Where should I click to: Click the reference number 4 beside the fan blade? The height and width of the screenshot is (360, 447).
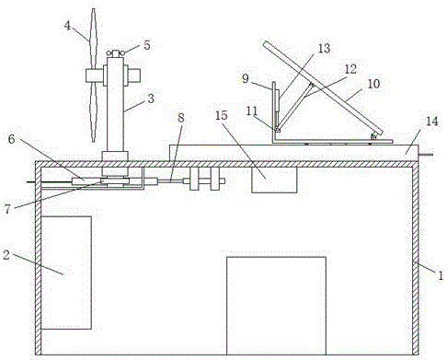point(67,26)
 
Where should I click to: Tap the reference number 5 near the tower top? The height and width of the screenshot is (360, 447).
point(147,45)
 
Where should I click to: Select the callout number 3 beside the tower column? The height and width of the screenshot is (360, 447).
point(151,99)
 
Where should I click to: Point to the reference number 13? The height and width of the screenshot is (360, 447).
point(324,48)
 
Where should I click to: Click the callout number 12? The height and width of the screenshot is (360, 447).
point(350,69)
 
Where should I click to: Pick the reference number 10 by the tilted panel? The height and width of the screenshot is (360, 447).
point(373,84)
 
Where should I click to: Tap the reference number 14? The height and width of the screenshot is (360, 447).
point(432,122)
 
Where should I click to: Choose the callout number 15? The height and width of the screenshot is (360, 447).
point(222,115)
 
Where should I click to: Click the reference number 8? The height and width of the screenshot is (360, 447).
point(181,118)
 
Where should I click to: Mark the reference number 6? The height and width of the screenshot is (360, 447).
point(11,139)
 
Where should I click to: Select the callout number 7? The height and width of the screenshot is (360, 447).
point(7,209)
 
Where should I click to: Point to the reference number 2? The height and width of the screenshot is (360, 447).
point(6,255)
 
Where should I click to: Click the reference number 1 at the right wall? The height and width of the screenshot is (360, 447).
point(441,276)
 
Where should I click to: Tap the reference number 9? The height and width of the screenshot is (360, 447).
point(246,79)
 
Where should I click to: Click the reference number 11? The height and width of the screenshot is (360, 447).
point(252,111)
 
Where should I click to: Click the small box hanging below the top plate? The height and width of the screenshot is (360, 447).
point(274,180)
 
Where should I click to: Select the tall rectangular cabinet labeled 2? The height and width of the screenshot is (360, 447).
point(66,273)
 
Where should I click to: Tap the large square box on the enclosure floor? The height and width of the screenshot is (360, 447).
point(276,306)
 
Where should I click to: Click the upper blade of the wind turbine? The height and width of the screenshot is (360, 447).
point(93,39)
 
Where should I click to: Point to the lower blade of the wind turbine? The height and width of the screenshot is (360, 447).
point(93,112)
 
